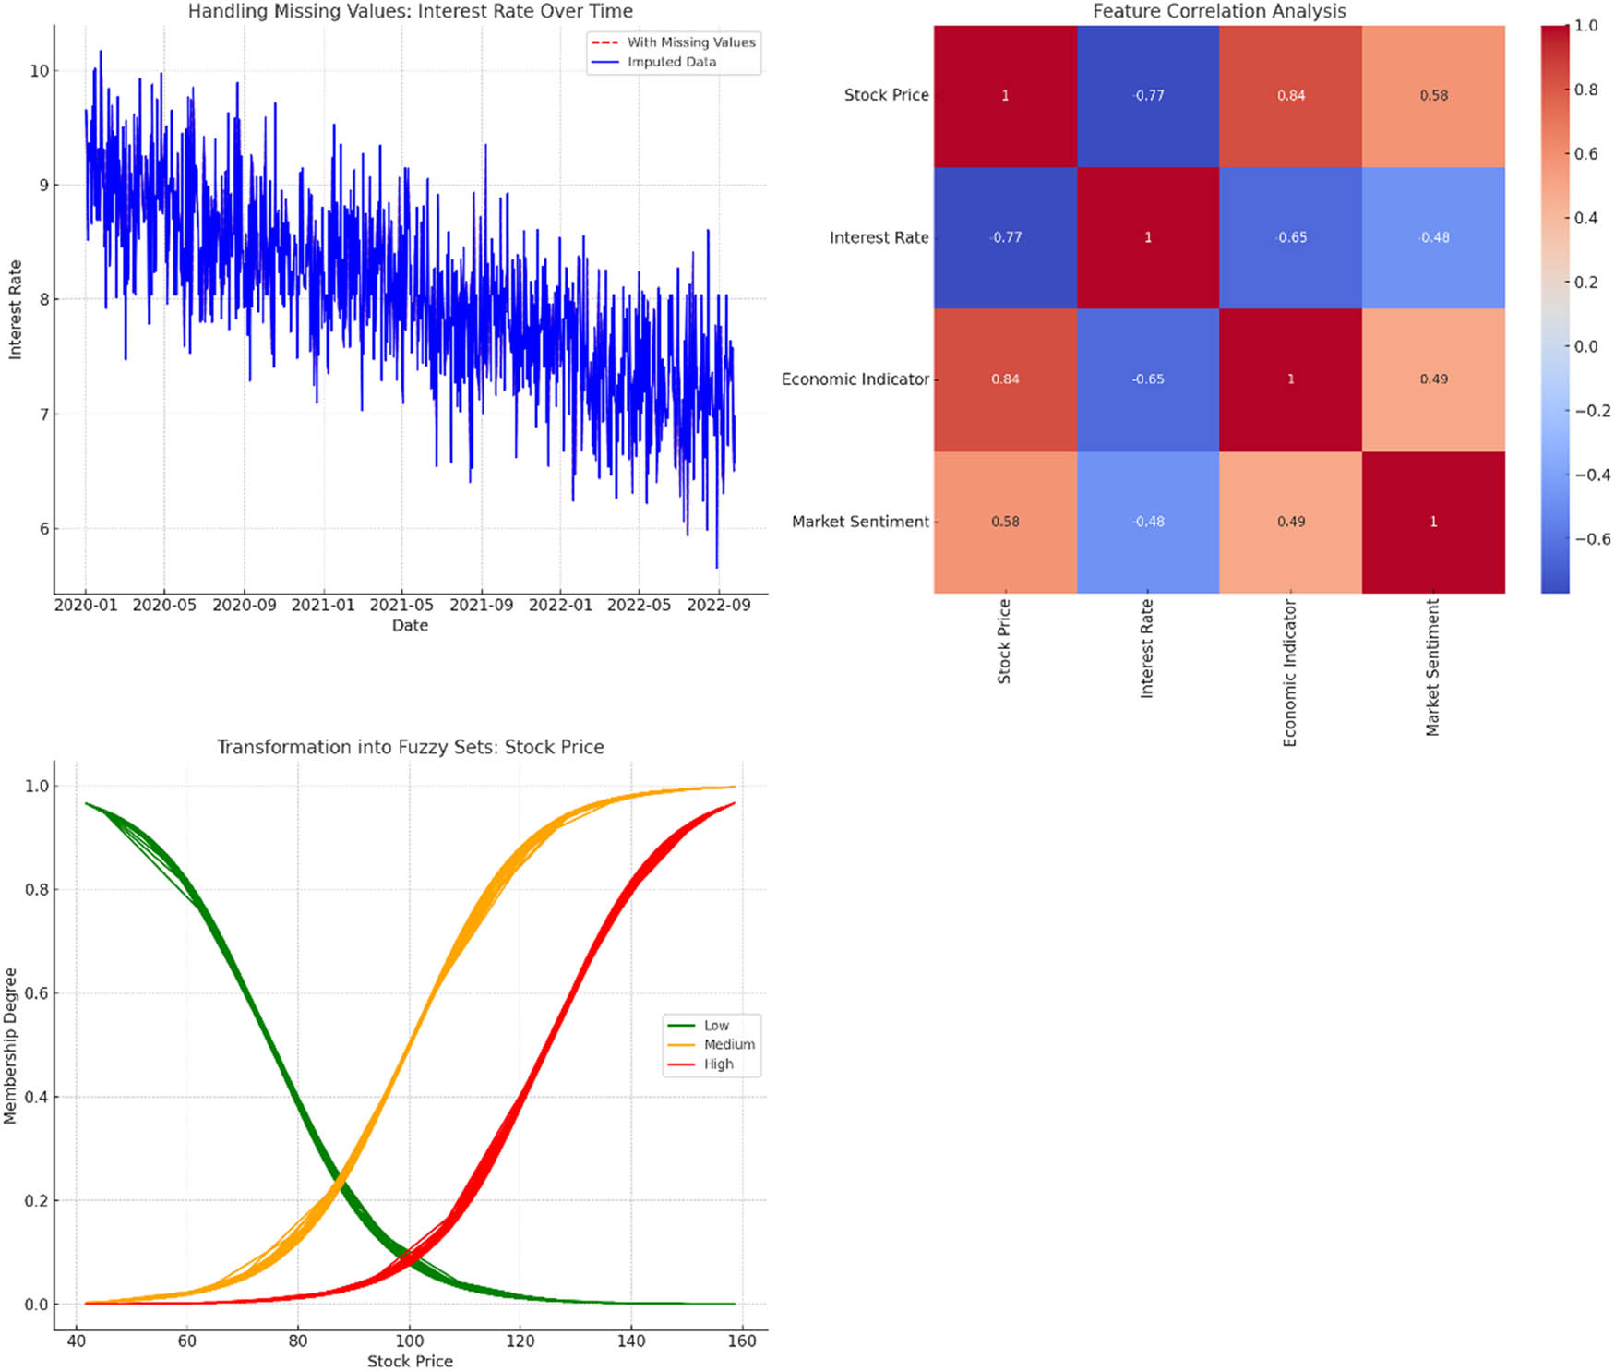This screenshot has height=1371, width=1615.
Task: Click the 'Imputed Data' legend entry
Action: tap(671, 62)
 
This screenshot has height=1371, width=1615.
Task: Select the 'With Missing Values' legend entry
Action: tap(690, 42)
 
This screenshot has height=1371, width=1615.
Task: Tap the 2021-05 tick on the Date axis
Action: tap(401, 606)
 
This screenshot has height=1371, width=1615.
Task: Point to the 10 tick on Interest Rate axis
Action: tap(39, 71)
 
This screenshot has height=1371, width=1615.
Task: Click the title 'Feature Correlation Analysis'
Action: tap(1218, 11)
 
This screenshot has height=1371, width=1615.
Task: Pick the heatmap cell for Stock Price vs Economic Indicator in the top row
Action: tap(1290, 96)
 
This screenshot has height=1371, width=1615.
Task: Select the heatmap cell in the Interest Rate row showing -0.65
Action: tap(1290, 238)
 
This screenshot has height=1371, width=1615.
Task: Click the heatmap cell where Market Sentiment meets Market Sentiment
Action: tap(1433, 522)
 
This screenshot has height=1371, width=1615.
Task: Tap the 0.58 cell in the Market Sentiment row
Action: tap(1005, 522)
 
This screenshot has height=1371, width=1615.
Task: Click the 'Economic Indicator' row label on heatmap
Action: tap(855, 379)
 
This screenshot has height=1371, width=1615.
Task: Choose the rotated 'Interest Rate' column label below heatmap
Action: tap(1147, 648)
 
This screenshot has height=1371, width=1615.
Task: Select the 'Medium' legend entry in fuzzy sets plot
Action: tap(729, 1044)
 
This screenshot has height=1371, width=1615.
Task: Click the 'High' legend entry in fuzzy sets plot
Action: tap(718, 1064)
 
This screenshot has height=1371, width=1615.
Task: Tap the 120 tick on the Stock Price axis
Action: tap(520, 1341)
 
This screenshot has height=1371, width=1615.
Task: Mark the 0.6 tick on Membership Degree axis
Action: tap(36, 993)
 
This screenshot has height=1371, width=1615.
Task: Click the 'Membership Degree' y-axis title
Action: tap(11, 1045)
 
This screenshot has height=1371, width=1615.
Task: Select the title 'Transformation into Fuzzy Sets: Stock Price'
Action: tap(410, 747)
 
